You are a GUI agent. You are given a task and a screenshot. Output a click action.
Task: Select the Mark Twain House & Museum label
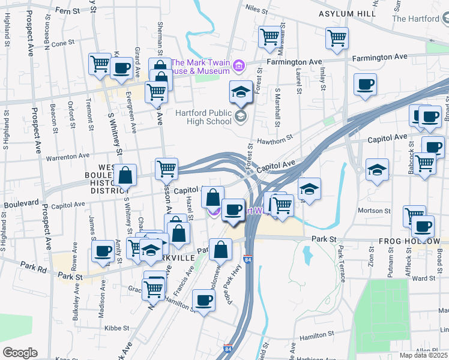tap(200, 67)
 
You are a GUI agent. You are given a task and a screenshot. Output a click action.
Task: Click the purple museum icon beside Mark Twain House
tap(239, 65)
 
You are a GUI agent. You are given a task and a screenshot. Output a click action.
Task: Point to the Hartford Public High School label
tap(203, 116)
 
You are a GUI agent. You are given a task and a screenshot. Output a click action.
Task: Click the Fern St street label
tap(67, 11)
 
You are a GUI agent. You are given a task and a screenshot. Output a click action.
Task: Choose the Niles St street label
tap(256, 10)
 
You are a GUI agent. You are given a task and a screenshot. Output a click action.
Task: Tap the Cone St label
tap(62, 44)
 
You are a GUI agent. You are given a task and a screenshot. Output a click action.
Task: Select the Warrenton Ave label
tap(68, 157)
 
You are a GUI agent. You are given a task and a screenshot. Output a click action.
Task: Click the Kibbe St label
tap(117, 328)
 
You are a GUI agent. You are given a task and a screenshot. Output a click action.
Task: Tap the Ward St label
tap(423, 278)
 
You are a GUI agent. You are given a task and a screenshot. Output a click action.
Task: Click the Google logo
tap(19, 353)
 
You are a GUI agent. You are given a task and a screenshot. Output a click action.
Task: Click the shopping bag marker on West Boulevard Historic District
tap(125, 176)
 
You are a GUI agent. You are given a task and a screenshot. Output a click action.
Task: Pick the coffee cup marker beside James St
tap(103, 250)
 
